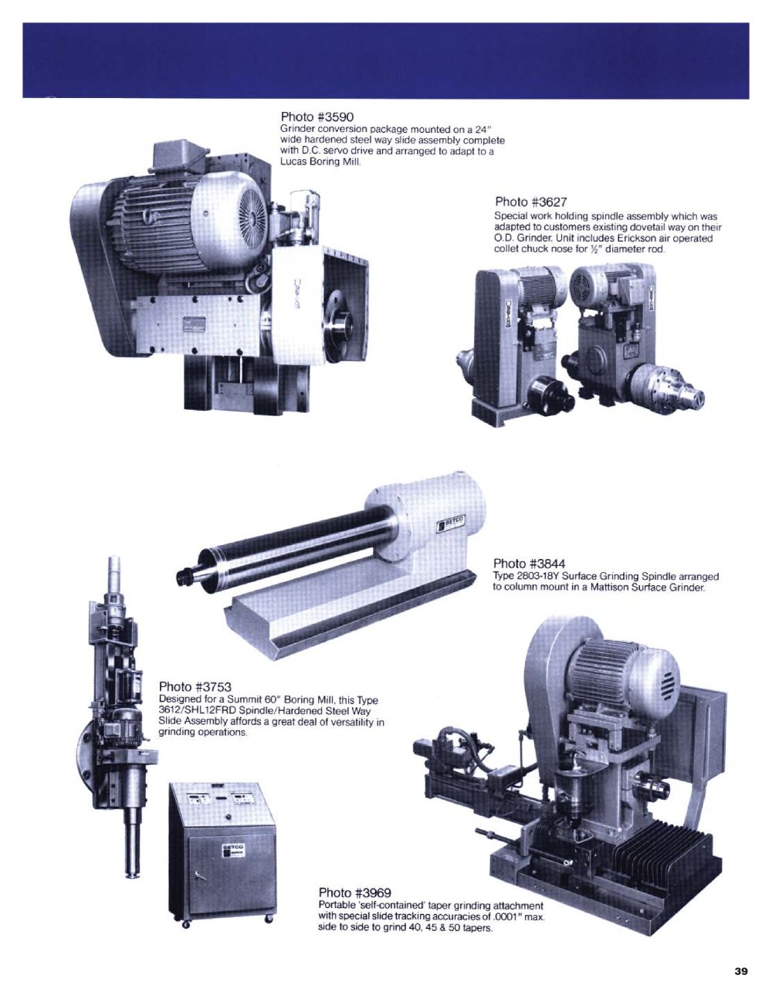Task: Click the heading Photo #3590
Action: pos(317,117)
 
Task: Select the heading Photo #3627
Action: pos(531,201)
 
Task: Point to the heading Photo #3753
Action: pos(195,687)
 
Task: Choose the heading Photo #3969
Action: pos(355,892)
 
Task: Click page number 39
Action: pos(741,971)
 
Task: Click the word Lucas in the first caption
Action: pos(293,162)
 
